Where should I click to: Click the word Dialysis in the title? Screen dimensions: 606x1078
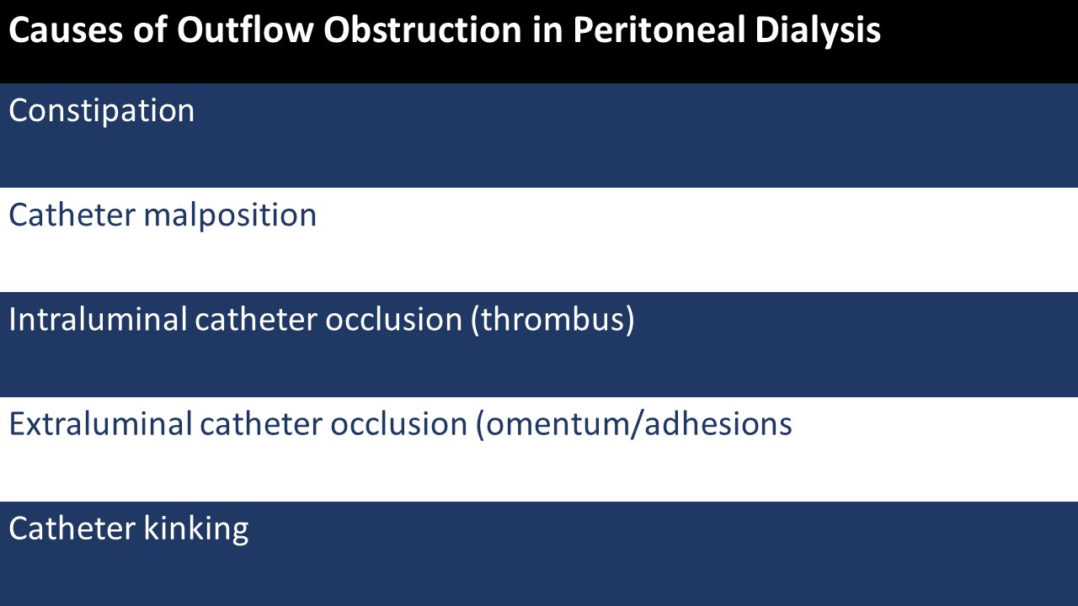(817, 31)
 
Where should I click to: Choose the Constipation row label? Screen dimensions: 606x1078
(101, 111)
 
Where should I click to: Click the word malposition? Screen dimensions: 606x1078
(230, 215)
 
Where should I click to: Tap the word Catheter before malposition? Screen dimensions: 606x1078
(72, 215)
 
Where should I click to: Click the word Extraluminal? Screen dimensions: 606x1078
(100, 424)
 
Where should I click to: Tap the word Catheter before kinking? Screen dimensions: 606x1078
(72, 529)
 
